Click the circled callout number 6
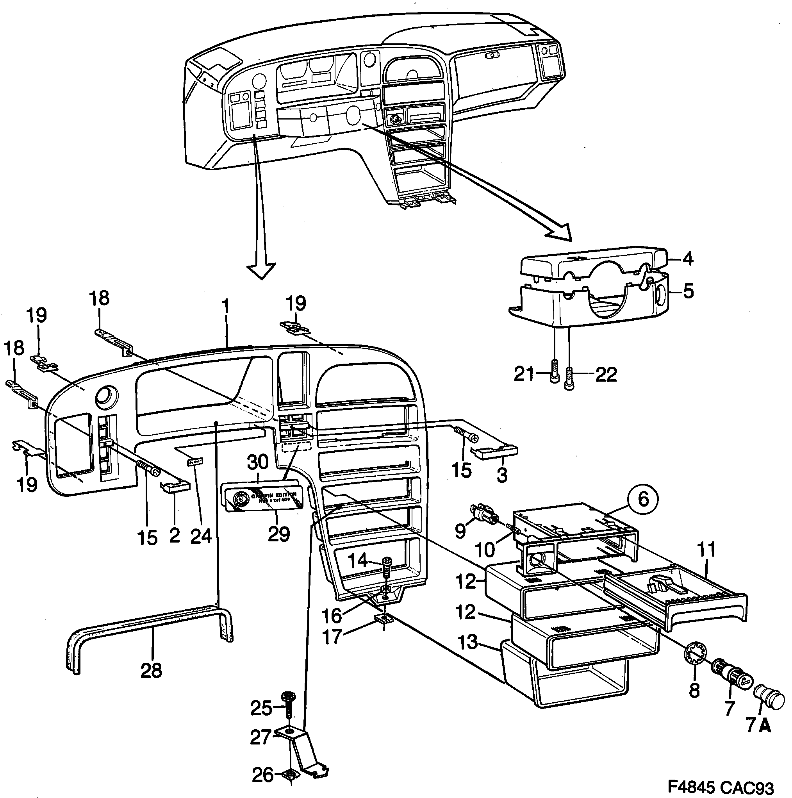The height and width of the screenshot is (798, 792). pyautogui.click(x=643, y=499)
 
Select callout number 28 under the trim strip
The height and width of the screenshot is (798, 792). pyautogui.click(x=151, y=670)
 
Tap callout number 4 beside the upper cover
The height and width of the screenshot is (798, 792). pyautogui.click(x=687, y=259)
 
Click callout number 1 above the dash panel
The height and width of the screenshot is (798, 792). pyautogui.click(x=225, y=307)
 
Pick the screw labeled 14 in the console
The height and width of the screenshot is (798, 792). pyautogui.click(x=387, y=567)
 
